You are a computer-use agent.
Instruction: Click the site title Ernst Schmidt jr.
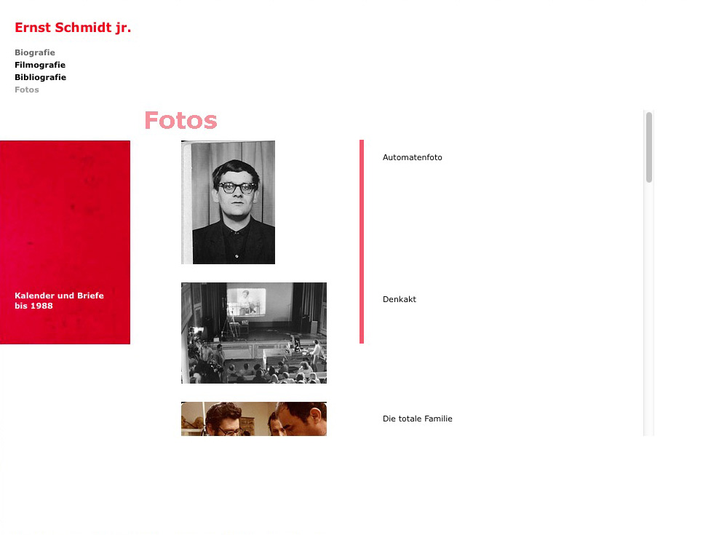click(73, 28)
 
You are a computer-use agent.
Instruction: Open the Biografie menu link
click(35, 52)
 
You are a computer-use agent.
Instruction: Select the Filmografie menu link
click(40, 65)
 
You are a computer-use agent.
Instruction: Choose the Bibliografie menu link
click(40, 77)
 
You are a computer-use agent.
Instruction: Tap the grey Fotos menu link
click(27, 90)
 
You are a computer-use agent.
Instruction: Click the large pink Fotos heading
click(180, 121)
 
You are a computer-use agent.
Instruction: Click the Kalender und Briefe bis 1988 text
click(59, 301)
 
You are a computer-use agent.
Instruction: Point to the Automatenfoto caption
click(412, 158)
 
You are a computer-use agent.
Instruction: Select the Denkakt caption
click(400, 299)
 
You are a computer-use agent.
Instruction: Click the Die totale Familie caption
click(417, 419)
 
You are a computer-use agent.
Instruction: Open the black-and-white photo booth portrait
click(228, 202)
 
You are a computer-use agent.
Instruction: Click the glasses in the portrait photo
click(237, 187)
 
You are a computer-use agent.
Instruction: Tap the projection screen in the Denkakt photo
click(246, 301)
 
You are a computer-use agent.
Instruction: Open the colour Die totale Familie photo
click(254, 419)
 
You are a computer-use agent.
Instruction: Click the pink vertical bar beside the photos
click(362, 242)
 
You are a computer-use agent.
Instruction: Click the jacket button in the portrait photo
click(237, 256)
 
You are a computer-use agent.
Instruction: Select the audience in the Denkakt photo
click(255, 366)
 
